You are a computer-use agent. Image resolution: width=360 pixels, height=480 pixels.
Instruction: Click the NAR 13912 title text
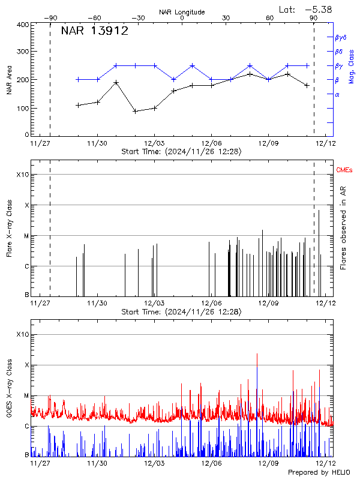[x=95, y=32]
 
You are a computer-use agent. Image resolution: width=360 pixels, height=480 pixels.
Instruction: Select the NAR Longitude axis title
[x=182, y=12]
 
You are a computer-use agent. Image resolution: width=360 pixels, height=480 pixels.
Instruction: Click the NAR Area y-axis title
[x=8, y=80]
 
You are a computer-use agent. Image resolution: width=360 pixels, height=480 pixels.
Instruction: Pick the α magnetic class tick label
[x=337, y=94]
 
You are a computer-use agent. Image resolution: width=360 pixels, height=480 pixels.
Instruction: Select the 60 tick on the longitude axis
[x=269, y=18]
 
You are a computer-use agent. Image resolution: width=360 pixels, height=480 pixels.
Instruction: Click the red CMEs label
[x=344, y=171]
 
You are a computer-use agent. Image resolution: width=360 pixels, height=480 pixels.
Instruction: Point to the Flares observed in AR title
[x=343, y=227]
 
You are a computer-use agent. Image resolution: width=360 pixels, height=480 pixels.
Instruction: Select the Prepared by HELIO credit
[x=321, y=473]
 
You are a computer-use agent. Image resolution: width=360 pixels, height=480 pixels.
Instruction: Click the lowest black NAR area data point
[x=135, y=111]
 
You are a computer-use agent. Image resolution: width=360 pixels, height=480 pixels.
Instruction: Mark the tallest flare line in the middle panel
[x=319, y=210]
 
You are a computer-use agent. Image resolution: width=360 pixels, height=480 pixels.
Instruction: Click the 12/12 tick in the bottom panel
[x=325, y=463]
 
